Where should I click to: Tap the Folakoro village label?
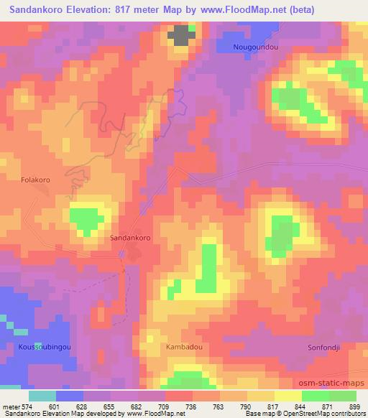35,181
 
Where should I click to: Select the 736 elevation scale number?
192,406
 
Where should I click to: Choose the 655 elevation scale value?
110,406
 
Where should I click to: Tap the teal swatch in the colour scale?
42,395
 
